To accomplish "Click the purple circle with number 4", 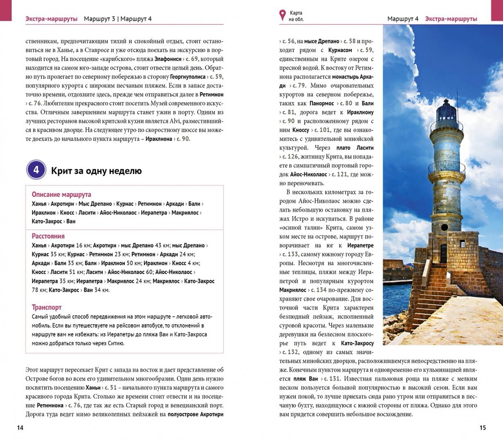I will [36, 170].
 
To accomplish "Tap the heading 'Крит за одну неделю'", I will [96, 171].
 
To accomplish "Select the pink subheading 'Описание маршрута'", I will [61, 194].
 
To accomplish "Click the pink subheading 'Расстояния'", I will [48, 236].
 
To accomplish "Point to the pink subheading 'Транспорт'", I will [47, 307].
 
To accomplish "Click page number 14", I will [20, 428].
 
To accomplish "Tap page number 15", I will [483, 428].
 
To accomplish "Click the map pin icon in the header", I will [282, 16].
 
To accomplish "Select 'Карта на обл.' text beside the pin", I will [296, 16].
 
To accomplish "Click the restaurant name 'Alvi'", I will [189, 121].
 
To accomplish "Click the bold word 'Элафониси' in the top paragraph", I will [168, 59].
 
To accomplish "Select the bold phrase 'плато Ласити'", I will [355, 148].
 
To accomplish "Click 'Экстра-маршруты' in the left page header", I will [51, 19].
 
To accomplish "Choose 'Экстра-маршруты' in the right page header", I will [451, 19].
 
